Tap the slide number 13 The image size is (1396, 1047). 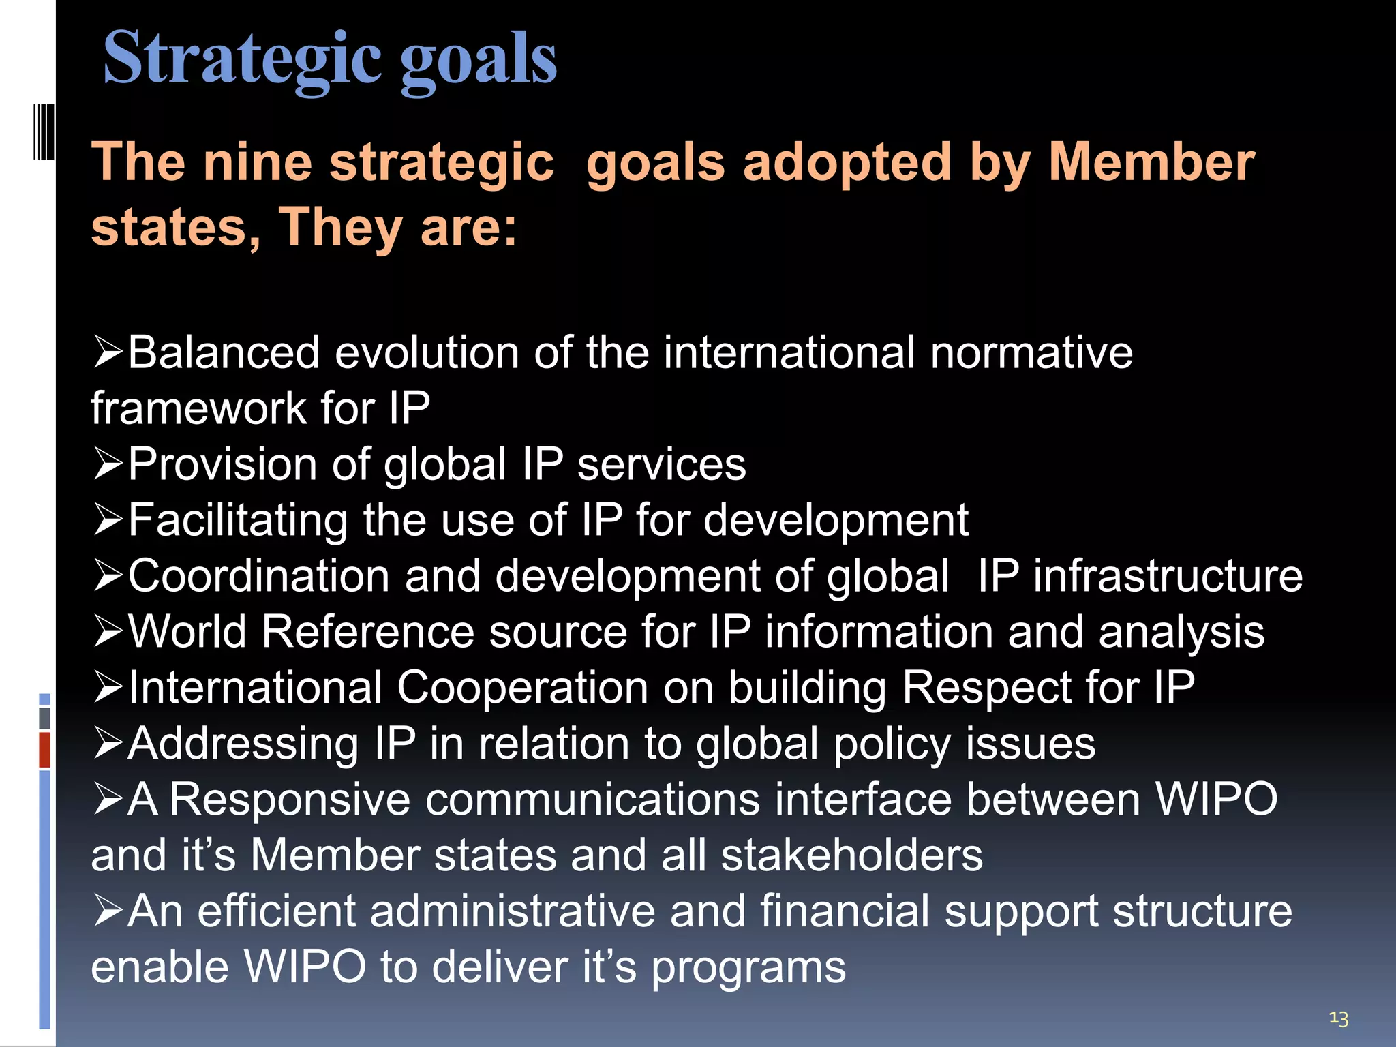(x=1338, y=1018)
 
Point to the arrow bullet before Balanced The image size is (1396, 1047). (x=107, y=352)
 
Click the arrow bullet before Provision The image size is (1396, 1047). (x=107, y=464)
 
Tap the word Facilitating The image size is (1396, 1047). (x=237, y=520)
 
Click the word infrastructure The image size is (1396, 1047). (x=1167, y=576)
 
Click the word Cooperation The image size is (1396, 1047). (x=521, y=687)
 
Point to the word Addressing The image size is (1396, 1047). (x=243, y=743)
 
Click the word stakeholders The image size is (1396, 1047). (x=851, y=855)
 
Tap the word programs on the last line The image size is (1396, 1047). (x=748, y=967)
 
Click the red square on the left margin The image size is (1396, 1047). (x=44, y=750)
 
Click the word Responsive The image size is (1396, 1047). (x=290, y=799)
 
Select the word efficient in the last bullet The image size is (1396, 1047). (x=276, y=911)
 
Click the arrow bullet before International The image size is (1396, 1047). (x=107, y=687)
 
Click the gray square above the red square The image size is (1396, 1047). (x=44, y=718)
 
